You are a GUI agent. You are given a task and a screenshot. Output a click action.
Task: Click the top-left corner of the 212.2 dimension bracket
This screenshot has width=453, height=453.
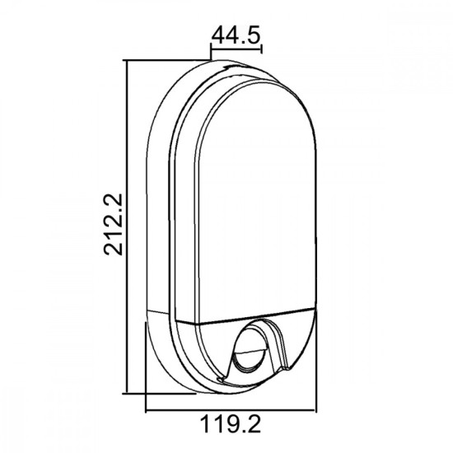click(126, 59)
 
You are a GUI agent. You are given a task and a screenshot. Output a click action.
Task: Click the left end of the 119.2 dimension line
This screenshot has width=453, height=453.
click(146, 409)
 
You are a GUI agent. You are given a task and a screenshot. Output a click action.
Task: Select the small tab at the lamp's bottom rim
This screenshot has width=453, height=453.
click(221, 377)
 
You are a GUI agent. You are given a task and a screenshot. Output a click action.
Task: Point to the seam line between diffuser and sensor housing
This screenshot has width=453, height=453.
click(247, 317)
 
